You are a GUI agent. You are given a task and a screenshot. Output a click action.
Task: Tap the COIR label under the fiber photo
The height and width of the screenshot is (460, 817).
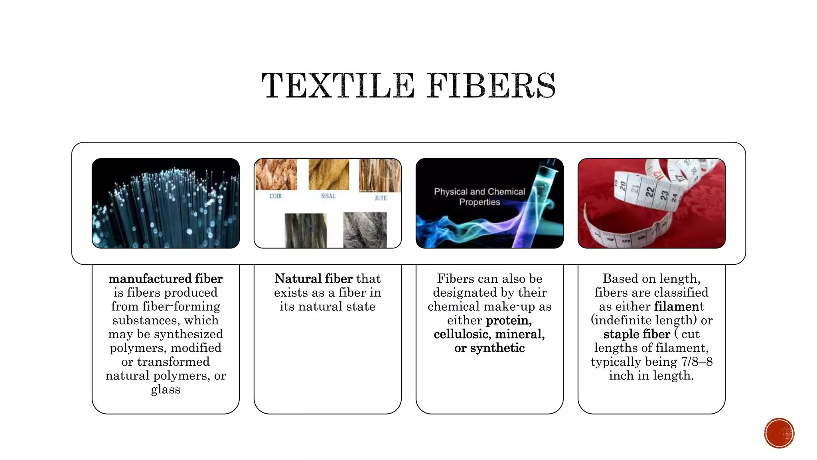(x=275, y=196)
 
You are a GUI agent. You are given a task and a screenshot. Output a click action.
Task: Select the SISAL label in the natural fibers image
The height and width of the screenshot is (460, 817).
(x=328, y=196)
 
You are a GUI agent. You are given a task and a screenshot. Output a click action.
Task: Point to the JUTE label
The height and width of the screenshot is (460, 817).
(x=381, y=198)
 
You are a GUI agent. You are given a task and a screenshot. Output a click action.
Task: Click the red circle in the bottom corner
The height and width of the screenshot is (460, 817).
(x=779, y=433)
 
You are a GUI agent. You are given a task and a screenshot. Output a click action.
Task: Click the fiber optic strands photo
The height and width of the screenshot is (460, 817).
(x=166, y=203)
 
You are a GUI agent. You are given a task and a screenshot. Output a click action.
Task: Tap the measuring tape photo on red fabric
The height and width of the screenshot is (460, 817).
(x=651, y=203)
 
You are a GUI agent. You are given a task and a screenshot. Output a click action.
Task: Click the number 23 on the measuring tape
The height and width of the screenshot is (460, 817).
(x=664, y=195)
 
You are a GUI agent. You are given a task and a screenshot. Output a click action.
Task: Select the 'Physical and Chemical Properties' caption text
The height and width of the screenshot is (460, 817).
(x=480, y=197)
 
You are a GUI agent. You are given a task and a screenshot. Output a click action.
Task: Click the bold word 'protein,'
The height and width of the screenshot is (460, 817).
(x=509, y=320)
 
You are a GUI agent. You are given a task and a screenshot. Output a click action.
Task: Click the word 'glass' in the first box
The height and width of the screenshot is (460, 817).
(x=166, y=389)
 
